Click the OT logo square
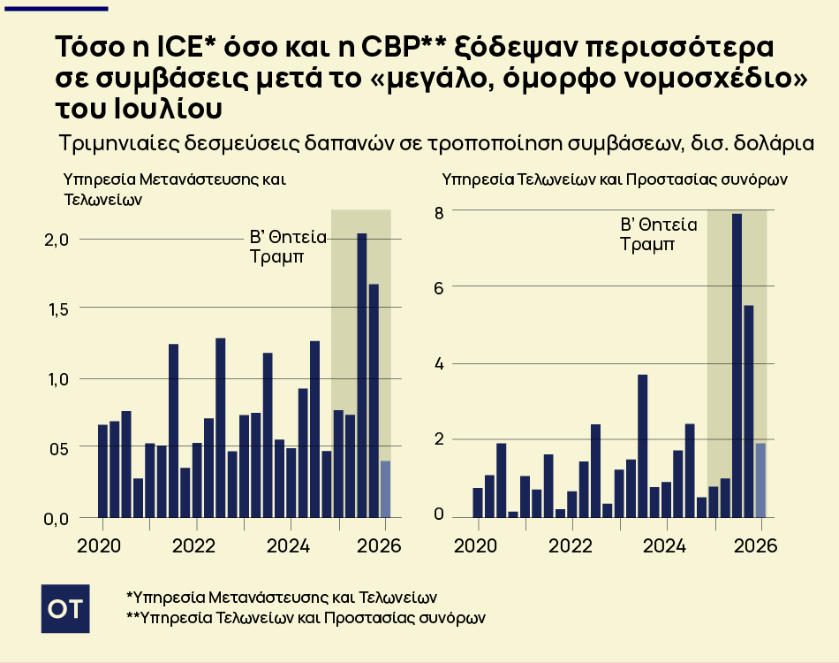pos(65,607)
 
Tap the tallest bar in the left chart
pos(362,376)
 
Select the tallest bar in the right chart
pos(737,364)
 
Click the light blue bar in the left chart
pos(385,489)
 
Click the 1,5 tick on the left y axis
pos(57,309)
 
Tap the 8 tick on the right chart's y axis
pos(437,211)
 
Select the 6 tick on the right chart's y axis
pos(437,286)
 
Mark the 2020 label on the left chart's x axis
pos(98,545)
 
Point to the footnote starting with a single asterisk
pos(282,597)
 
